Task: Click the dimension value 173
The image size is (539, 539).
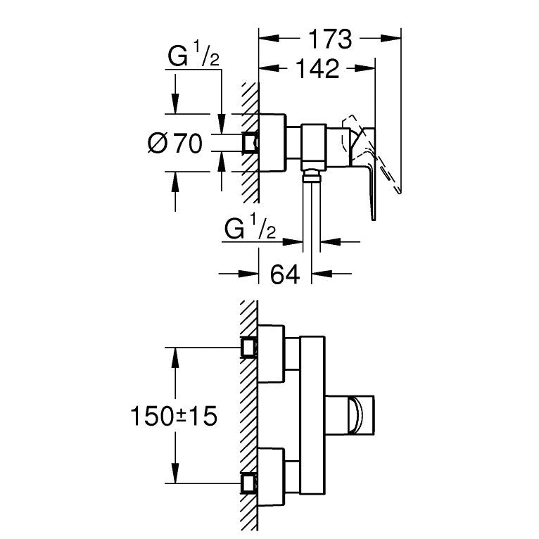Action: point(331,39)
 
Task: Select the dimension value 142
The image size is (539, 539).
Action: point(318,68)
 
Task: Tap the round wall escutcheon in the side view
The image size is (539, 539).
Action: point(272,143)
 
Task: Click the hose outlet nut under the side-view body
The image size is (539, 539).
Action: point(312,173)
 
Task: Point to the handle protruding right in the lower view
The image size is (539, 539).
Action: point(362,414)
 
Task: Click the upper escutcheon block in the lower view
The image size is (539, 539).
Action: point(273,353)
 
